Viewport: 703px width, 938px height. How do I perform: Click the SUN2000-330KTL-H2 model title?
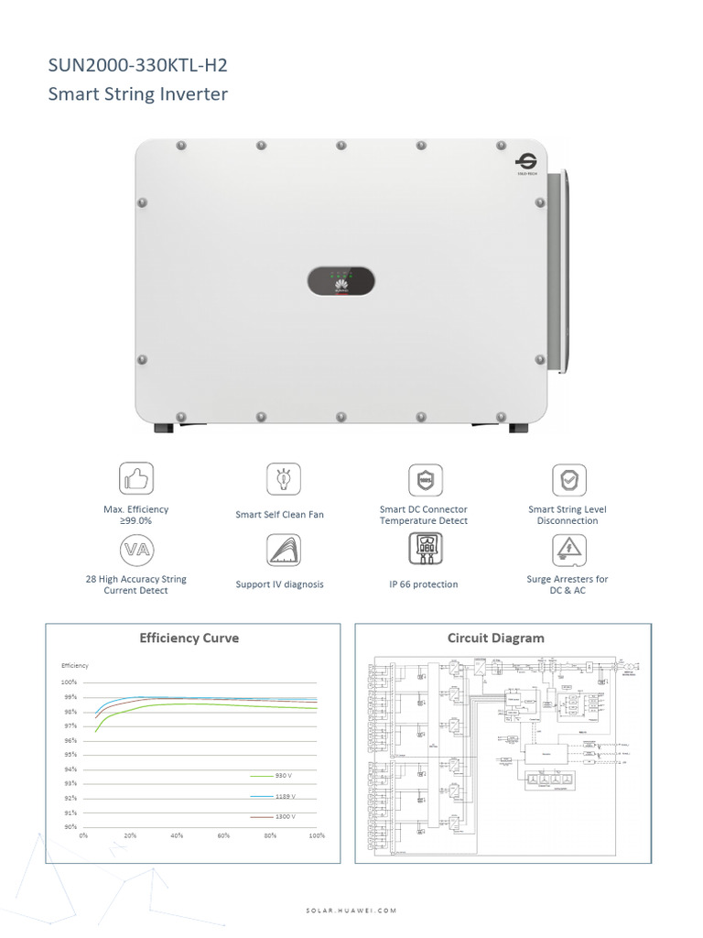pos(137,65)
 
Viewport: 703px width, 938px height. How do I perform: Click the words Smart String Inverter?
pos(137,94)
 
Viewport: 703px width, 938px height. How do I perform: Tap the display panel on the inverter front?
pos(341,281)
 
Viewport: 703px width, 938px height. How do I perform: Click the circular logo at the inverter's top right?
pos(526,161)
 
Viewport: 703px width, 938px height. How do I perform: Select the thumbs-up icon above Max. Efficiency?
pos(135,478)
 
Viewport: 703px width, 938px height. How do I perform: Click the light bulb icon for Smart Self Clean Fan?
pos(283,478)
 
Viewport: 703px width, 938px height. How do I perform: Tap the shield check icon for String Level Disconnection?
pos(568,479)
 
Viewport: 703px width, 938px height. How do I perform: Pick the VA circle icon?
pos(135,550)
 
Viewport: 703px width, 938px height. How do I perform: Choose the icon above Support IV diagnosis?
pos(283,550)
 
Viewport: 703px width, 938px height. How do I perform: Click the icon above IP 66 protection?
pos(424,549)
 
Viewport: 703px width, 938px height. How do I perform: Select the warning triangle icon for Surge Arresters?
pos(568,550)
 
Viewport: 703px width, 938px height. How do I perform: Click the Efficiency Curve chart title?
pos(189,638)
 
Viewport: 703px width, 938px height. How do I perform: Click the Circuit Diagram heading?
pos(495,638)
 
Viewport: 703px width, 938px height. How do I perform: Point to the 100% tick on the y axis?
pos(70,682)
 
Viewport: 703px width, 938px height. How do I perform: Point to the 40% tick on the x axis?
pos(177,836)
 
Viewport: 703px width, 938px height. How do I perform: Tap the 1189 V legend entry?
pos(284,796)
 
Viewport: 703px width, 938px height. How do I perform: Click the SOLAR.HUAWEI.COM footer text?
pos(351,911)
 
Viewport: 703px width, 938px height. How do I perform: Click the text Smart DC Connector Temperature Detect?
pos(423,515)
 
